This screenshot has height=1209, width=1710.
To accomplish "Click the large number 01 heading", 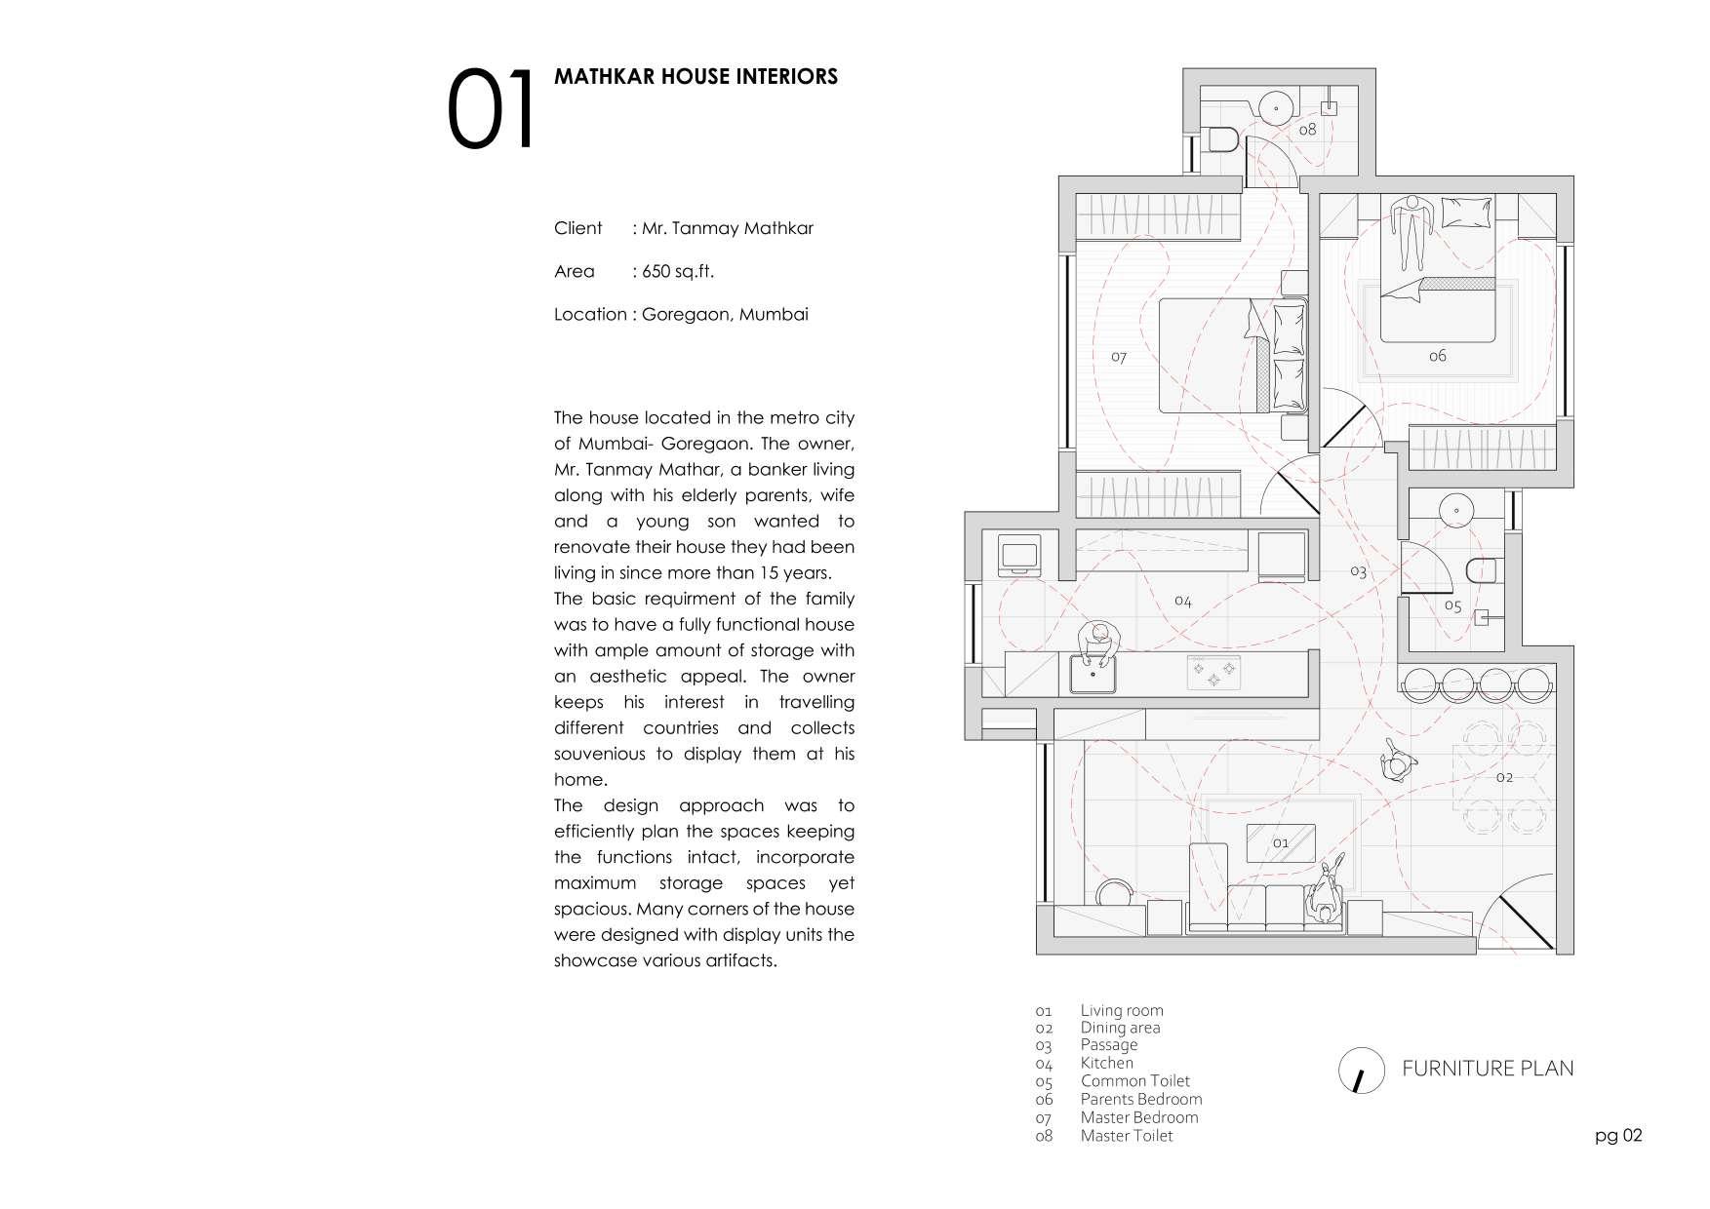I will point(492,109).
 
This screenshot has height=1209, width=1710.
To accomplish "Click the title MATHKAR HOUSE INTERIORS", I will point(696,77).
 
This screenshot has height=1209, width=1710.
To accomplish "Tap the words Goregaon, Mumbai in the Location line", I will point(725,315).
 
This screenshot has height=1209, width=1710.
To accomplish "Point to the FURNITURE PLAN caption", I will point(1488,1069).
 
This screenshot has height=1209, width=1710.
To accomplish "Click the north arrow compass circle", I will point(1361,1071).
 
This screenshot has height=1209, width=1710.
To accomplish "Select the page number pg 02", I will point(1618,1135).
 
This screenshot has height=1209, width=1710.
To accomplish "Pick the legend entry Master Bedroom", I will point(1138,1117).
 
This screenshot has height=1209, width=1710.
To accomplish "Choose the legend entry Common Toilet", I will point(1134,1081).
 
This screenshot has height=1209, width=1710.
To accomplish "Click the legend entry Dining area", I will point(1120,1028).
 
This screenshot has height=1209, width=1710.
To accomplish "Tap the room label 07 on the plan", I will point(1119,358).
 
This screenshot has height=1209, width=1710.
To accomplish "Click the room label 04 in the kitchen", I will point(1182,602).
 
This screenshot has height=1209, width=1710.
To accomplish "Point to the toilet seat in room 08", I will point(1222,140).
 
